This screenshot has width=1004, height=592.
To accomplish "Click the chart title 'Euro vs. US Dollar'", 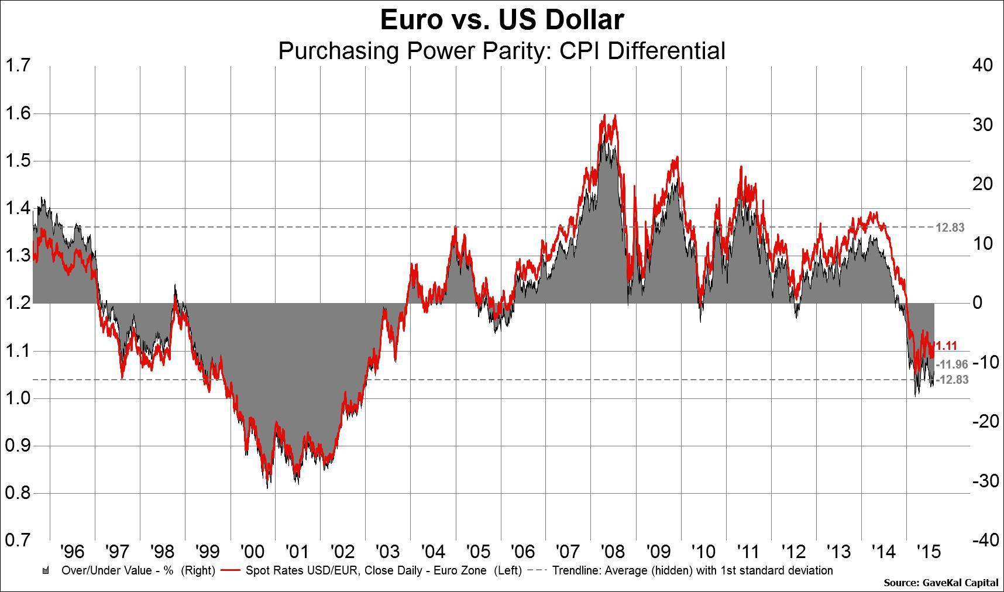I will [x=502, y=20].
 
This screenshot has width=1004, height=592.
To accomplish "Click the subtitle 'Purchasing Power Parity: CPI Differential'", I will [x=502, y=51].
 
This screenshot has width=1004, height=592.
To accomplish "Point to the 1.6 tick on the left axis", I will [x=18, y=113].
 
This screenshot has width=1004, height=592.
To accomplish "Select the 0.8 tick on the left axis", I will [x=18, y=493].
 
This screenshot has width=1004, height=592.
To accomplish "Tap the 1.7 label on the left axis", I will [x=18, y=66].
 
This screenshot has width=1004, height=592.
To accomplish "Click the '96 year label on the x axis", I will [x=72, y=552].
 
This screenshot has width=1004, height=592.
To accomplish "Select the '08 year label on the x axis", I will [x=613, y=552].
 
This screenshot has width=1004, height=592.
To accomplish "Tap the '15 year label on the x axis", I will [x=928, y=552].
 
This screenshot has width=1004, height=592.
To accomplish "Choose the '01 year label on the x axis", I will [x=297, y=552].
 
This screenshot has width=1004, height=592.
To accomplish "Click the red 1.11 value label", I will [x=947, y=346].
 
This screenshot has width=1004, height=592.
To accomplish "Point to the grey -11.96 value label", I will [x=952, y=364].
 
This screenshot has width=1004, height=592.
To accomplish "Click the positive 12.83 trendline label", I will [x=950, y=228].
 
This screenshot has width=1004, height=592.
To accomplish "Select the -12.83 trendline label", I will [x=952, y=380].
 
